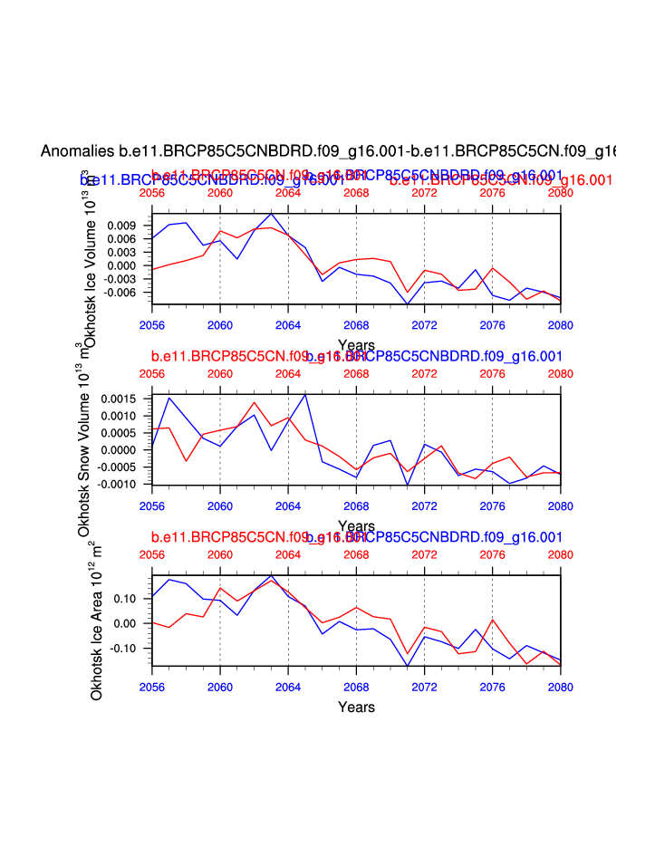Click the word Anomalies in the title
click(78, 150)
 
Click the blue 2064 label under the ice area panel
click(288, 686)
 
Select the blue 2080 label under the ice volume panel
click(561, 323)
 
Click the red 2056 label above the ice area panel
click(152, 554)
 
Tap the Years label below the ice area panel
click(356, 707)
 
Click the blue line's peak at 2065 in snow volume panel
click(305, 394)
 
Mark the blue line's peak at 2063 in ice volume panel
click(271, 213)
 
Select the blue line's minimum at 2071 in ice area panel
click(408, 666)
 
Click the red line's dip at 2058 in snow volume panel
click(187, 461)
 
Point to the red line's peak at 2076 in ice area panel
click(493, 620)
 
